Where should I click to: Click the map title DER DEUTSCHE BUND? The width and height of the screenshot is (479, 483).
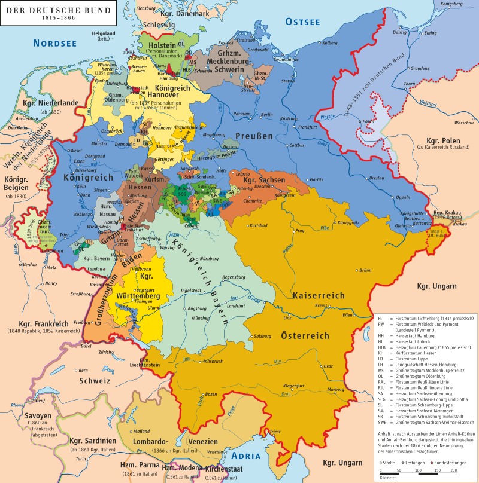click(x=41, y=9)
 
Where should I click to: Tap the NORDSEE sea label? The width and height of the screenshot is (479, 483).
click(x=55, y=42)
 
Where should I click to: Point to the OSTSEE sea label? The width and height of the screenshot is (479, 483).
click(x=302, y=22)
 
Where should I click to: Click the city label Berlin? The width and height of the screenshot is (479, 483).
click(x=267, y=115)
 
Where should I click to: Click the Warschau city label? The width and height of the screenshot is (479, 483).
click(x=464, y=123)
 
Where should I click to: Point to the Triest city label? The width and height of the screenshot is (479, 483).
click(x=275, y=431)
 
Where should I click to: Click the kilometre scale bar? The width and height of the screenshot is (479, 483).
click(x=419, y=472)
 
